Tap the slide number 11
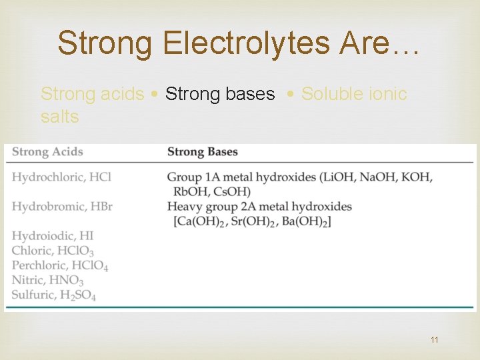(435, 340)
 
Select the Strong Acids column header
(47, 151)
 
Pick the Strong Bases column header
(203, 151)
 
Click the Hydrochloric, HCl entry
(61, 177)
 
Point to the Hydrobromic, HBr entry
(62, 206)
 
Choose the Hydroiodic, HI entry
(53, 235)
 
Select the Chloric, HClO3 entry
(53, 251)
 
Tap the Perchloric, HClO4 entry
(60, 265)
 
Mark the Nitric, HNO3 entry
(47, 280)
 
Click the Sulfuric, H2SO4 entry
(54, 295)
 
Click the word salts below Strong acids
(60, 117)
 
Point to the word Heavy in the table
(184, 206)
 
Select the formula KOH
(415, 177)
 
